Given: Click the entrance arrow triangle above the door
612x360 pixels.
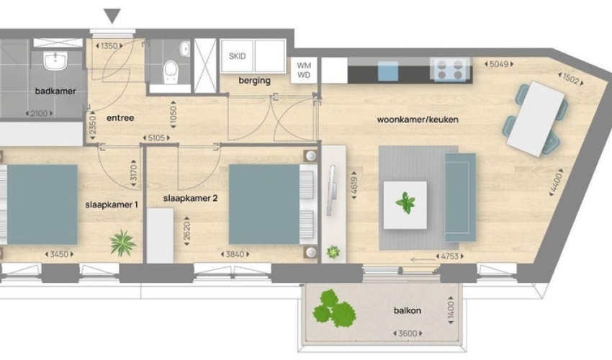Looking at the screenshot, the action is (112, 16).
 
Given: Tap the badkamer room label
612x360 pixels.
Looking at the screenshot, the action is (55, 91).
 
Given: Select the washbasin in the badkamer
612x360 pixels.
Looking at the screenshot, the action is (55, 61).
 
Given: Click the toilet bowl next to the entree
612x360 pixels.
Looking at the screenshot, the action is (171, 72).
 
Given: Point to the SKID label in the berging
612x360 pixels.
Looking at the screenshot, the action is (238, 56).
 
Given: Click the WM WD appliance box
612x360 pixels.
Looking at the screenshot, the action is (304, 71).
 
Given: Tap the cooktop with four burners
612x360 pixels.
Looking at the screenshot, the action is (450, 70).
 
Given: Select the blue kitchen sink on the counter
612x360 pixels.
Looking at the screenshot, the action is (388, 71).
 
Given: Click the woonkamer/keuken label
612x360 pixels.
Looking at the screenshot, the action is (417, 120).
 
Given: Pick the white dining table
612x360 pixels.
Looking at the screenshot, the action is (536, 119).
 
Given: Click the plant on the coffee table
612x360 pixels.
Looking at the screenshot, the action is (405, 203).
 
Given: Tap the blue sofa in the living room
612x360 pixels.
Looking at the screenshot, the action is (461, 197).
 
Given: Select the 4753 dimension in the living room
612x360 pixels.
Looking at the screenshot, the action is (449, 256).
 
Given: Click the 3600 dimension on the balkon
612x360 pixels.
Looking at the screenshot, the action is (408, 333).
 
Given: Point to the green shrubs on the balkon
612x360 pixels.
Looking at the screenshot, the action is (335, 308).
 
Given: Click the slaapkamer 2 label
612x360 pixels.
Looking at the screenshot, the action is (191, 198).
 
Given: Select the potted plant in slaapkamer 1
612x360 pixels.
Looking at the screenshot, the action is (122, 243).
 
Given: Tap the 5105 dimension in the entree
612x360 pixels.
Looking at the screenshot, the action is (156, 138).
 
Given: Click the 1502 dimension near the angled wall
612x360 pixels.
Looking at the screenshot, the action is (571, 79).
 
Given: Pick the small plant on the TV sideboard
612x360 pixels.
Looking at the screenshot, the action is (333, 252).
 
